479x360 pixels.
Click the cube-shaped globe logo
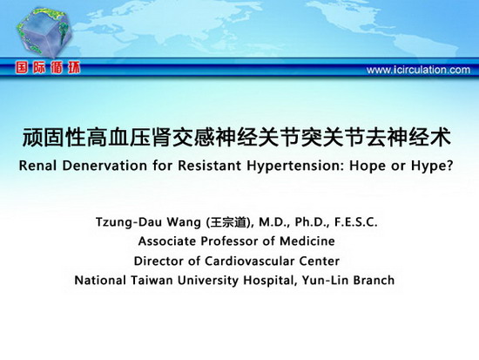point(44,32)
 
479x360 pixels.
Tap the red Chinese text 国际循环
point(48,68)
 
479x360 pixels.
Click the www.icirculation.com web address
point(418,70)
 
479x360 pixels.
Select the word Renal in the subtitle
point(37,166)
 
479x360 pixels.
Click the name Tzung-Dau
point(129,222)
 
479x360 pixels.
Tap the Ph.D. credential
point(312,222)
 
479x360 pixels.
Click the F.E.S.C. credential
point(356,222)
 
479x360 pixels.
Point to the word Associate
point(167,241)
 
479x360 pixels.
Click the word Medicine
point(307,241)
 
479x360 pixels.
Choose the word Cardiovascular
point(250,262)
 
